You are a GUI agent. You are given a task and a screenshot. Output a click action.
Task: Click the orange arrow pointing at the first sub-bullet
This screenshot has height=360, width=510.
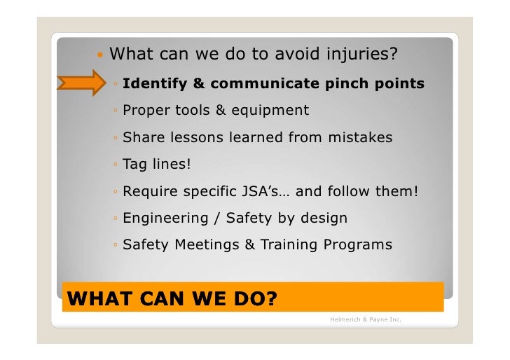tap(83, 83)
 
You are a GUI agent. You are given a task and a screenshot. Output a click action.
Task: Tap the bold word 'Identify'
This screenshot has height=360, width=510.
tap(153, 84)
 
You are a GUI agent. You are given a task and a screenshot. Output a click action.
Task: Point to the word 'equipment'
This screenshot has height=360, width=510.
tap(272, 111)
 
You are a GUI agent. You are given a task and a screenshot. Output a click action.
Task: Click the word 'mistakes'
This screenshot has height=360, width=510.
tap(359, 137)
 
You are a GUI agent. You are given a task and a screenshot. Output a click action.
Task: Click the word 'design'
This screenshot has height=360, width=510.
tap(323, 219)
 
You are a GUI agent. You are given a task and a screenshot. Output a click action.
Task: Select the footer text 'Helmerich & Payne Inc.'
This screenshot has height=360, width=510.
tap(365, 320)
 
